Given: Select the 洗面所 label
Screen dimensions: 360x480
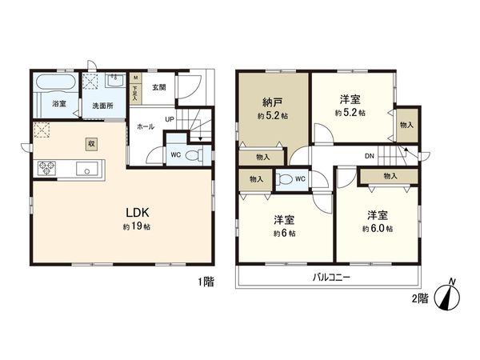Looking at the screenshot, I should pyautogui.click(x=103, y=105).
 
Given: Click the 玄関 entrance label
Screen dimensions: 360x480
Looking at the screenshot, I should pyautogui.click(x=158, y=87).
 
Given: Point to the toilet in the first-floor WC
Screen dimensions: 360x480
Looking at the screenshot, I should pyautogui.click(x=189, y=157).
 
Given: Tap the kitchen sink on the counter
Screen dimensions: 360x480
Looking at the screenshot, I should pyautogui.click(x=86, y=169).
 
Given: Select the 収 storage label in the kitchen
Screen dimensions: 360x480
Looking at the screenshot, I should pyautogui.click(x=92, y=143).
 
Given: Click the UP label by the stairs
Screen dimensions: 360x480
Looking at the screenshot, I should pyautogui.click(x=169, y=121).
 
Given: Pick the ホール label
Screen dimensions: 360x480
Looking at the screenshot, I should pyautogui.click(x=146, y=126).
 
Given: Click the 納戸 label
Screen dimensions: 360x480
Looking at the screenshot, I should pyautogui.click(x=271, y=102).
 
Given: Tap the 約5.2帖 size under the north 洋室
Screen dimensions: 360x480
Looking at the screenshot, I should pyautogui.click(x=350, y=114).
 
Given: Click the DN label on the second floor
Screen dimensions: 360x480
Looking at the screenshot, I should pyautogui.click(x=370, y=156).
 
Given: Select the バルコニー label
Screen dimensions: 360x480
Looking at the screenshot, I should pyautogui.click(x=329, y=278).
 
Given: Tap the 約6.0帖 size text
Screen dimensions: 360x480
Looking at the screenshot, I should pyautogui.click(x=377, y=229).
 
